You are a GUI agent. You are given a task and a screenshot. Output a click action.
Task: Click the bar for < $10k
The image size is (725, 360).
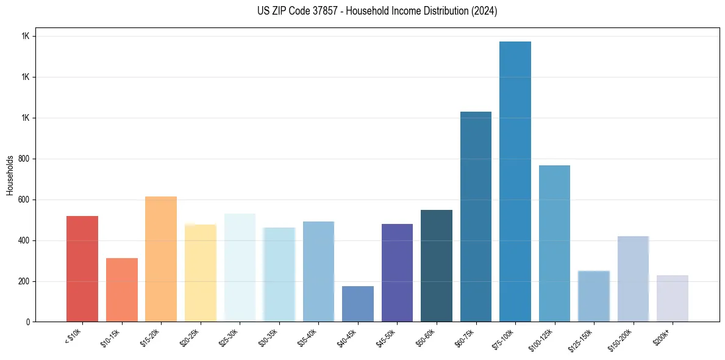pyautogui.click(x=82, y=268)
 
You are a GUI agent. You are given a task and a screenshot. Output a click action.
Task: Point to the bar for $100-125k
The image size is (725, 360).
pyautogui.click(x=554, y=243)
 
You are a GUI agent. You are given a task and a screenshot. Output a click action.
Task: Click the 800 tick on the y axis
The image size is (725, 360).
pyautogui.click(x=24, y=159)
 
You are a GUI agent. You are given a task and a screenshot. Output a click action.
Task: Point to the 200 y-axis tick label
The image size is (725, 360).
pyautogui.click(x=24, y=281)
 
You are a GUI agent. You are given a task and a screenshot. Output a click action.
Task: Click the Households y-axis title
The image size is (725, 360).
pyautogui.click(x=10, y=175)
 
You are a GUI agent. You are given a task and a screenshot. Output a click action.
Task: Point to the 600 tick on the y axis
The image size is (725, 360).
pyautogui.click(x=24, y=200)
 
